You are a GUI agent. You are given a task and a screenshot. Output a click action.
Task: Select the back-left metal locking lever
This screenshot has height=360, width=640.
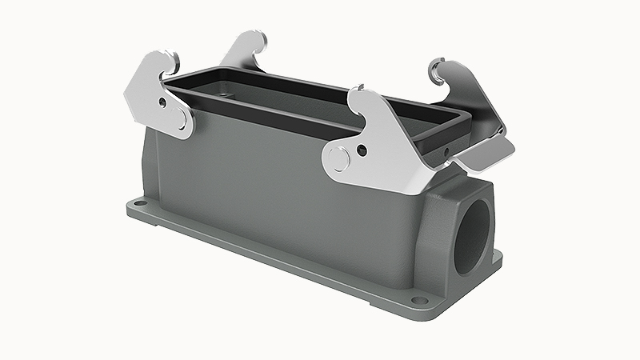[x=244, y=53]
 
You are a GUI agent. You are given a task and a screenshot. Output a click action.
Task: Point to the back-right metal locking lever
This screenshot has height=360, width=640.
[x=472, y=104]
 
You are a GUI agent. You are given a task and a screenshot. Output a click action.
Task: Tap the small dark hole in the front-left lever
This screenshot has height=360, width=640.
[x=164, y=102]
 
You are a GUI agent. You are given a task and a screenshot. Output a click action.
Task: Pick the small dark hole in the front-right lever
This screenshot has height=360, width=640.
[x=362, y=149]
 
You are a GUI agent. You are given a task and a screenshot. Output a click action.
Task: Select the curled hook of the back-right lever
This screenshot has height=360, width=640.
[x=438, y=70]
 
